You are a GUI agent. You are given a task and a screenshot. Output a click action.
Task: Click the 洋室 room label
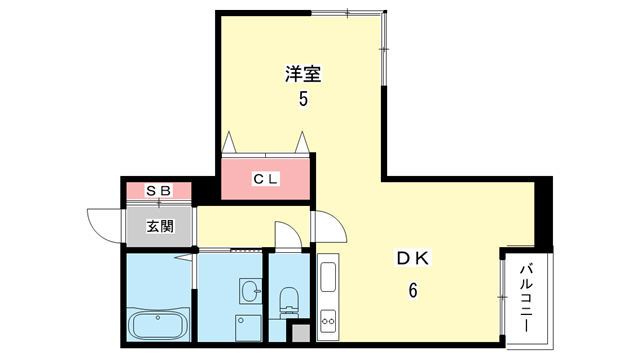(x=303, y=74)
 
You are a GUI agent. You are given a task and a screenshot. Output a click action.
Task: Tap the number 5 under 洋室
(x=303, y=100)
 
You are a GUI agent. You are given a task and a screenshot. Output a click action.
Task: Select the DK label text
(x=412, y=259)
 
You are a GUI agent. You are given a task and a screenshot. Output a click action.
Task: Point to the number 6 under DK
(x=411, y=291)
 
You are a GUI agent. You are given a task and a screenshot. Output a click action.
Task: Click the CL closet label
(x=265, y=179)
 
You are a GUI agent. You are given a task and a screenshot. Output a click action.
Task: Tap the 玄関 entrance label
(x=159, y=226)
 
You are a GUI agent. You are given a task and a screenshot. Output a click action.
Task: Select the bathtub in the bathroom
(x=158, y=327)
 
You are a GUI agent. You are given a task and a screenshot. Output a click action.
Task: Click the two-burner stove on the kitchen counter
(x=329, y=323)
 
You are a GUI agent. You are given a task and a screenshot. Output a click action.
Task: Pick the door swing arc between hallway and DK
(x=329, y=228)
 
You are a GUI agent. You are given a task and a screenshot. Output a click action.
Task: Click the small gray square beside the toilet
(x=297, y=335)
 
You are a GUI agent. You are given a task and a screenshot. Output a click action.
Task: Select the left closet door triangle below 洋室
(x=229, y=141)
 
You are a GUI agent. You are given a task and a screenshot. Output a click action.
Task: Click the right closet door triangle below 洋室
(x=300, y=141)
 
